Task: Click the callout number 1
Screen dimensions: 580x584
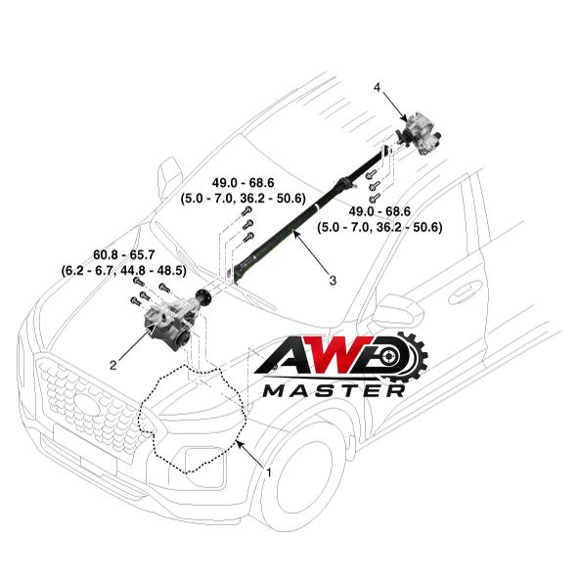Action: [268, 472]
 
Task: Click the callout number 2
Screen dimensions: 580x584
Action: [113, 365]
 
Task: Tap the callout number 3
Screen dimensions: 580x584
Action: [333, 280]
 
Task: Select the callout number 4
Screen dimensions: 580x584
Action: [377, 87]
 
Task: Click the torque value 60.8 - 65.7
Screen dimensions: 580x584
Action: [123, 255]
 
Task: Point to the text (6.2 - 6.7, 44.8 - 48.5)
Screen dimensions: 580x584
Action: [123, 271]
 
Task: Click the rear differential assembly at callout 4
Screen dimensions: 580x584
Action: [419, 133]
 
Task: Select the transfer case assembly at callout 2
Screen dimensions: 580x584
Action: [168, 326]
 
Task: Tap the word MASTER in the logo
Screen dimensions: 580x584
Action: [335, 390]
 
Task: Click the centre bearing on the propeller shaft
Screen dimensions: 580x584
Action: [343, 183]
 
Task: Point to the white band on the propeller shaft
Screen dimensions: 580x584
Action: [317, 207]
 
